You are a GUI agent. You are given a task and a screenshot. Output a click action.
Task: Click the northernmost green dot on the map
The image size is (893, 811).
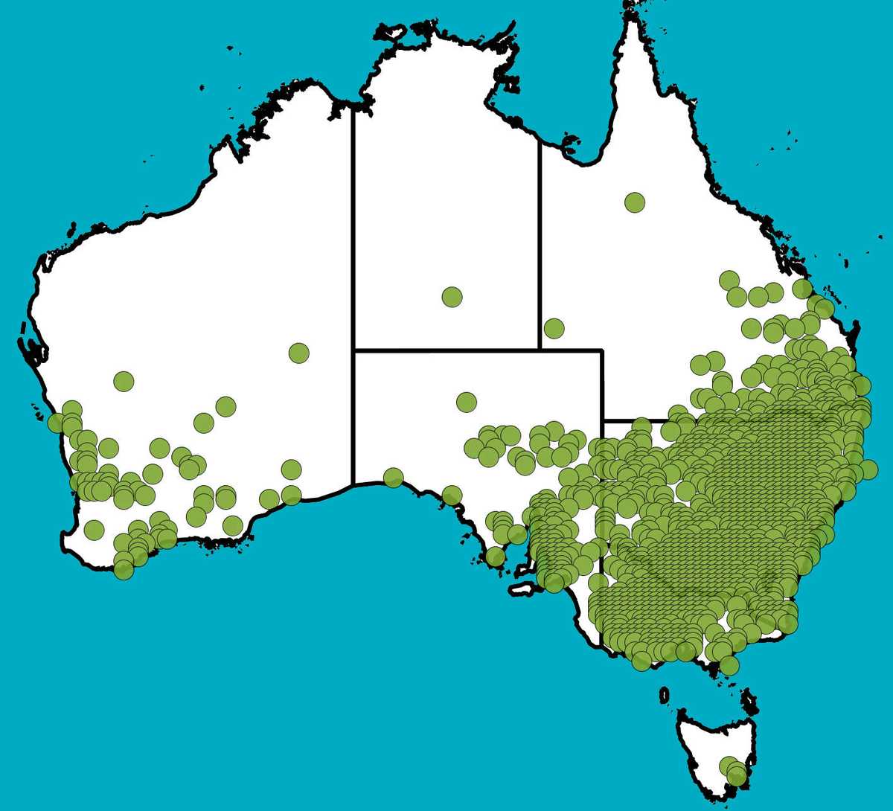coord(635,202)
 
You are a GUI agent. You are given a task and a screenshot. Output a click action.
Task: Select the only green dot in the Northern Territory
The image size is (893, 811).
coord(452,297)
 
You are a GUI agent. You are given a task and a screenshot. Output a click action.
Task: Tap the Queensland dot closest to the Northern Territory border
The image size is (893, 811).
coord(554,327)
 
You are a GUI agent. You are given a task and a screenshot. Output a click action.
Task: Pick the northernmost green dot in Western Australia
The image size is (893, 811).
coord(298,353)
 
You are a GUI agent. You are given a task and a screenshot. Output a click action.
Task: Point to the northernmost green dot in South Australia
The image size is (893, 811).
coord(466,403)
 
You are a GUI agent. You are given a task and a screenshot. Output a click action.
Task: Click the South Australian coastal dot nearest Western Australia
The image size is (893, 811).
coord(393,477)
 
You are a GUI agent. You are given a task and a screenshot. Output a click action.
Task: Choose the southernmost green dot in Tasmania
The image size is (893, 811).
coord(737,776)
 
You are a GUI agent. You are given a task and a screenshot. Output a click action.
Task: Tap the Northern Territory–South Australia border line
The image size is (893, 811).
coord(446,349)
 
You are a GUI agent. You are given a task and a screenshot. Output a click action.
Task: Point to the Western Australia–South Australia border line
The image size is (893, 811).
coord(353,417)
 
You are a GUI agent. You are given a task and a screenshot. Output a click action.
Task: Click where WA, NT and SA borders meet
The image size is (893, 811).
coord(353,349)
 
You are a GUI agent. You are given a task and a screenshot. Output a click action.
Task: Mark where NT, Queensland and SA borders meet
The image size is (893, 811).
coord(540,349)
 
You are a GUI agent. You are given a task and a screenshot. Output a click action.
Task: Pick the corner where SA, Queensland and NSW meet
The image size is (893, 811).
coord(602,420)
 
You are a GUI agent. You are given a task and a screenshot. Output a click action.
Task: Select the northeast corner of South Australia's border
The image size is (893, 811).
coord(602,350)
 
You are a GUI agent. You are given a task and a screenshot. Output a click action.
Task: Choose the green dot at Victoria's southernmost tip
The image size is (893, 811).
coord(729,665)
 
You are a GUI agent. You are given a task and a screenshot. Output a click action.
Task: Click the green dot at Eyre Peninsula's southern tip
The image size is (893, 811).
coord(495,556)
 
